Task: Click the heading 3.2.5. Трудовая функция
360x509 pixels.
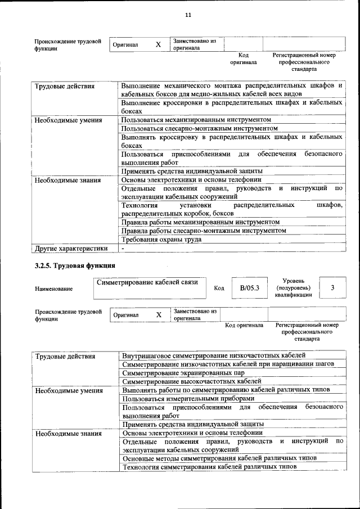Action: click(x=75, y=265)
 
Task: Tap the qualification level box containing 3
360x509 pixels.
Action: click(x=332, y=288)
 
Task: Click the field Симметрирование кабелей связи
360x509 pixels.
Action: click(x=147, y=282)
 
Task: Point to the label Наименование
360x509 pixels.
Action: click(x=53, y=289)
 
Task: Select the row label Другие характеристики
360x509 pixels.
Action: click(x=71, y=248)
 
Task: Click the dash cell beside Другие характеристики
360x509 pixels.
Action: click(x=123, y=248)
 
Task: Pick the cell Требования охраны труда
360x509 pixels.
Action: click(x=161, y=239)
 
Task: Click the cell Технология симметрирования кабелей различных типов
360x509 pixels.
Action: click(x=209, y=467)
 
